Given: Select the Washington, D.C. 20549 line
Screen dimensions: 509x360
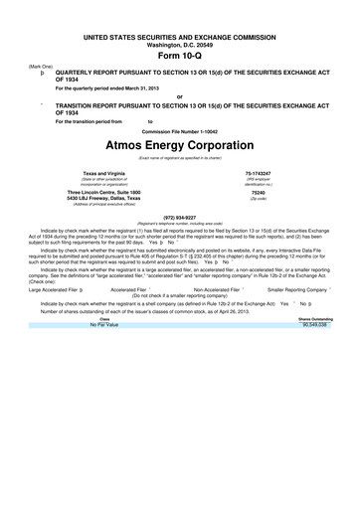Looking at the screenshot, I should (x=180, y=44).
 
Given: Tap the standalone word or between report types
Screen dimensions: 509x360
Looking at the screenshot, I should (x=180, y=96).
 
